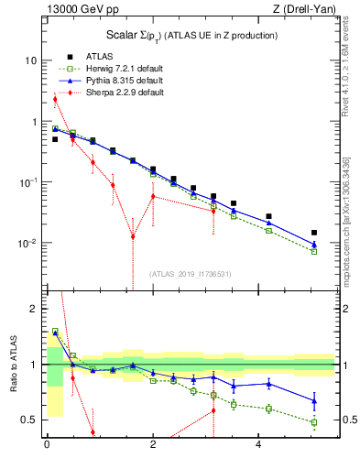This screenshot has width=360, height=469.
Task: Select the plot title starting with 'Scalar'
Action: pyautogui.click(x=187, y=35)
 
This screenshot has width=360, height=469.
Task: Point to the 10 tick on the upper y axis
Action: pyautogui.click(x=30, y=60)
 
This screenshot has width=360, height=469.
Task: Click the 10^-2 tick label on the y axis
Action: pyautogui.click(x=27, y=244)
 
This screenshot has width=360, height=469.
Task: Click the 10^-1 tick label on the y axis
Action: pyautogui.click(x=27, y=182)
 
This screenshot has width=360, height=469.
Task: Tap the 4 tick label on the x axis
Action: pyautogui.click(x=260, y=446)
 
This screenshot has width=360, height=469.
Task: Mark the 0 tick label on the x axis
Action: pyautogui.click(x=47, y=446)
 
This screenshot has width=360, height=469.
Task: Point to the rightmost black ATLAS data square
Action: pyautogui.click(x=314, y=233)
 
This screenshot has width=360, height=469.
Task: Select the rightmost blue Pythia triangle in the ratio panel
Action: pyautogui.click(x=314, y=401)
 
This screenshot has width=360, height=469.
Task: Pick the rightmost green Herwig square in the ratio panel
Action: pyautogui.click(x=314, y=422)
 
